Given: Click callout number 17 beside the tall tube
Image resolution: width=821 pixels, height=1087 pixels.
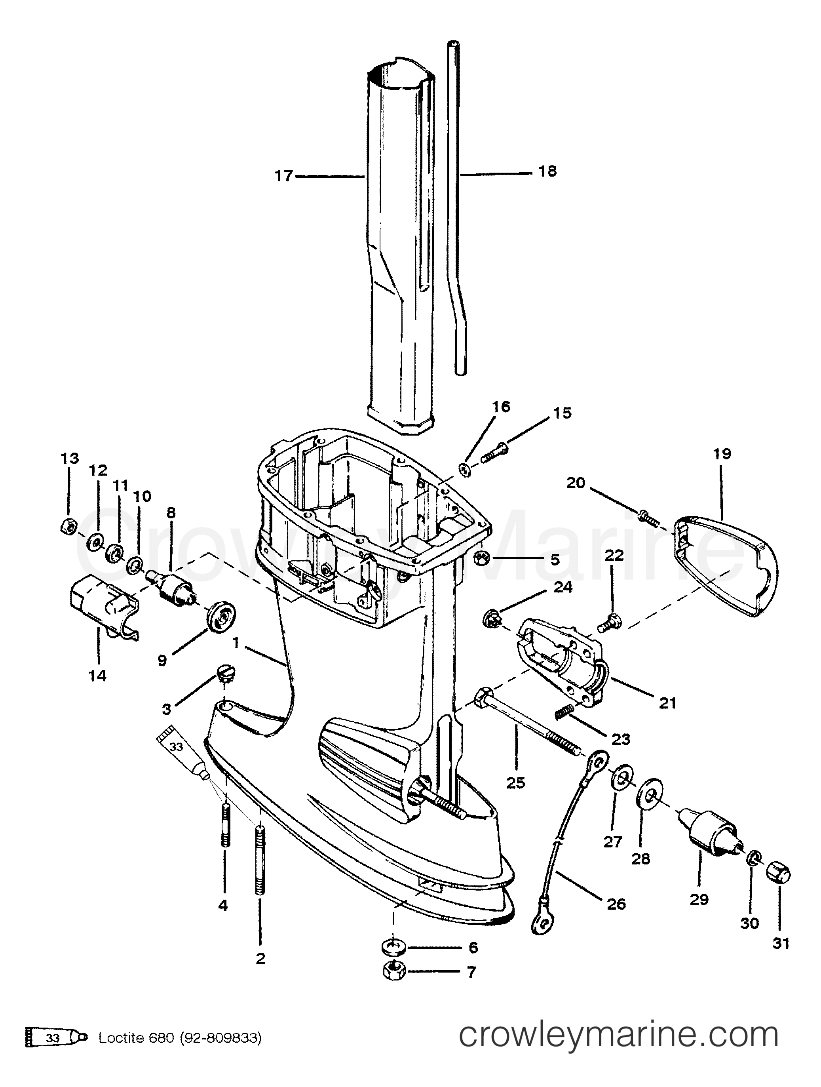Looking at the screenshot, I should pos(283,175).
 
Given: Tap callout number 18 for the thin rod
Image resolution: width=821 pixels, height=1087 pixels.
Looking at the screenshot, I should pos(547,171).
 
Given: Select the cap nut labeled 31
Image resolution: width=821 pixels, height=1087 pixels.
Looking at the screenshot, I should pos(778,887).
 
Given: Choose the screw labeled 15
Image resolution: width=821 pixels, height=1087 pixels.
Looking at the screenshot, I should pos(494,452).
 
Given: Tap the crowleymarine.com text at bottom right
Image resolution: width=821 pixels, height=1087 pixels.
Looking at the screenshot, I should pos(618,1047).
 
